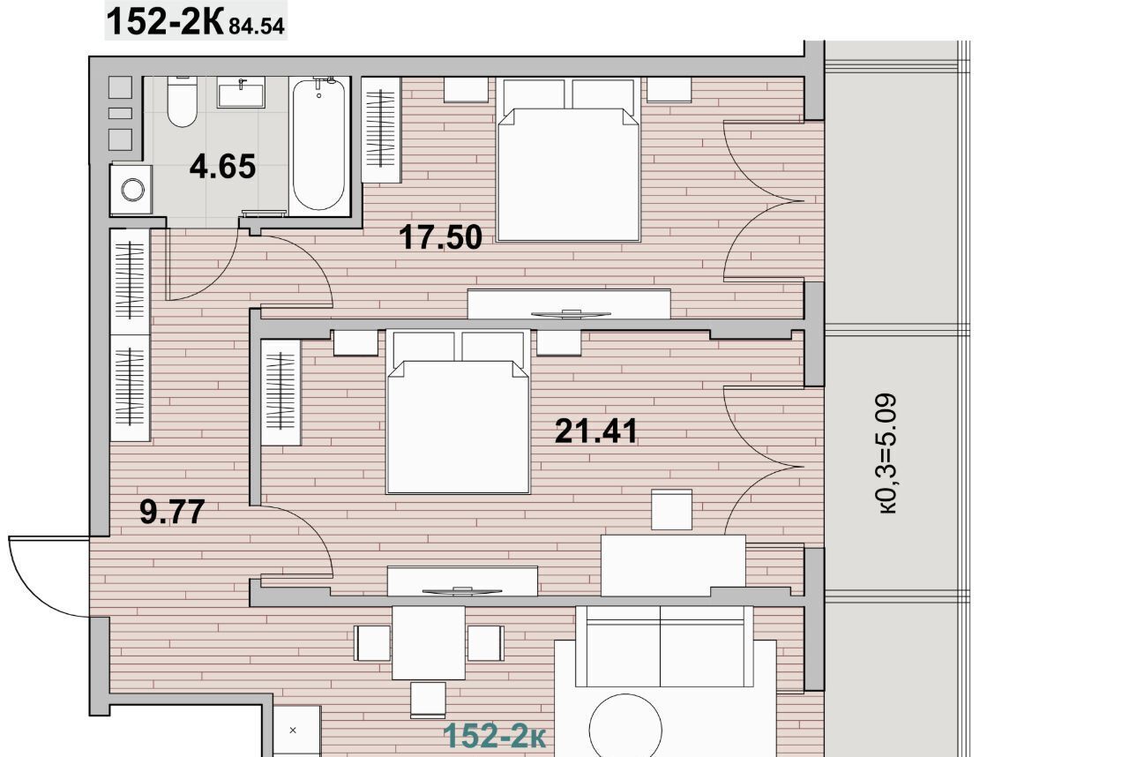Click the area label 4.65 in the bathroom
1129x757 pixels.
222,167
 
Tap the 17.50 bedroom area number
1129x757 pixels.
440,237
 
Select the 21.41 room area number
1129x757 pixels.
596,431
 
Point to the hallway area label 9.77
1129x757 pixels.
172,511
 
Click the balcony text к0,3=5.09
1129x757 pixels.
887,453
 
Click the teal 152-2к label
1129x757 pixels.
495,736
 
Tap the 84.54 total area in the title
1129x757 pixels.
257,26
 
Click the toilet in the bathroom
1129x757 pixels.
182,101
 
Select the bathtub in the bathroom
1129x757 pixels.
318,146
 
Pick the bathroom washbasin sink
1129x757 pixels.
241,93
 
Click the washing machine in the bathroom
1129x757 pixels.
131,190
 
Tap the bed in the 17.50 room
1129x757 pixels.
568,160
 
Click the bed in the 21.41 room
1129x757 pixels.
458,411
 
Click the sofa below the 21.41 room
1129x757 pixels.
664,646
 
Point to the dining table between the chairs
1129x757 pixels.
429,642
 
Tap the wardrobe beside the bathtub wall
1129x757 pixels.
382,130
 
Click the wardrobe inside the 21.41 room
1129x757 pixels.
280,392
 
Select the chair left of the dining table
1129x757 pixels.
372,643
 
